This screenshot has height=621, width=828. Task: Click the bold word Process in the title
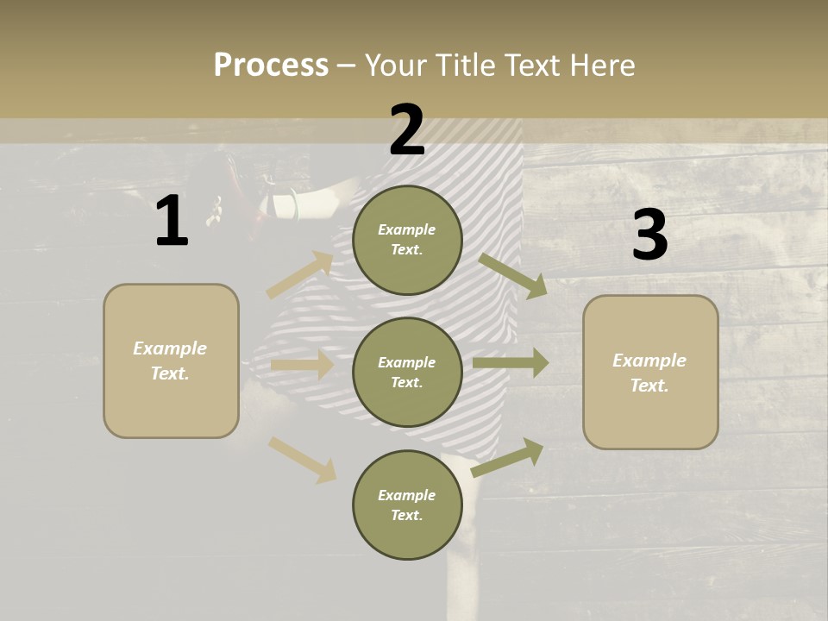click(x=271, y=65)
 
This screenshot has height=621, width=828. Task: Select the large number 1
click(x=172, y=221)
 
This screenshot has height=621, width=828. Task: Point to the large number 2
click(x=407, y=129)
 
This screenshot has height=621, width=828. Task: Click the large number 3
click(x=649, y=235)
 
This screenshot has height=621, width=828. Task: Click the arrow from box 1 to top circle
click(x=300, y=274)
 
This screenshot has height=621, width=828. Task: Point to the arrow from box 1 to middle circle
click(x=302, y=365)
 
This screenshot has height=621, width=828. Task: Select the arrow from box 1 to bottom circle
click(x=302, y=460)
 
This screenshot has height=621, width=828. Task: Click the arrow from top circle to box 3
click(x=513, y=276)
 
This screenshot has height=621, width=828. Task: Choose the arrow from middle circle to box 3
click(x=510, y=362)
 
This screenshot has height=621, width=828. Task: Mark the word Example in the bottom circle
click(x=407, y=495)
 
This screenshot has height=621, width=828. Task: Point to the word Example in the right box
click(x=649, y=361)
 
